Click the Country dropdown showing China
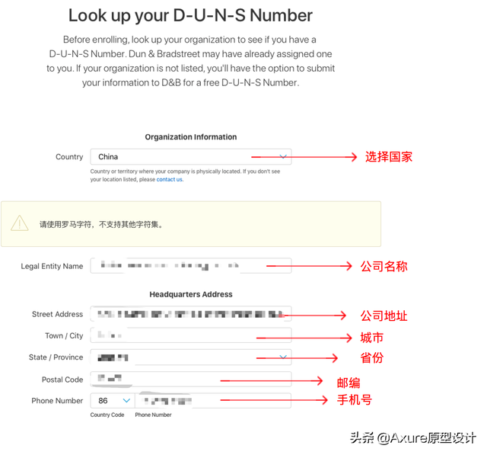pyautogui.click(x=190, y=157)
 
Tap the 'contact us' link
pyautogui.click(x=170, y=180)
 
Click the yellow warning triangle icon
pyautogui.click(x=20, y=223)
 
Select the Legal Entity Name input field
pyautogui.click(x=190, y=266)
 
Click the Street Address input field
pyautogui.click(x=190, y=314)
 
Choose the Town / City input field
pyautogui.click(x=190, y=335)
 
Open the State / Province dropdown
pyautogui.click(x=190, y=357)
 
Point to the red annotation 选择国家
pyautogui.click(x=389, y=157)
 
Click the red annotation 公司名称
pyautogui.click(x=384, y=267)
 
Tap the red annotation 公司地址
pyautogui.click(x=384, y=316)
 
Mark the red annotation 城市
pyautogui.click(x=371, y=338)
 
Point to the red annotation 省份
pyautogui.click(x=371, y=357)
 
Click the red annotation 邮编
pyautogui.click(x=349, y=383)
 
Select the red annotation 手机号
pyautogui.click(x=355, y=399)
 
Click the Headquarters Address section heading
pyautogui.click(x=191, y=294)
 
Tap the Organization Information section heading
pyautogui.click(x=191, y=137)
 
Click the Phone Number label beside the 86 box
pyautogui.click(x=57, y=401)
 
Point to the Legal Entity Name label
pyautogui.click(x=52, y=267)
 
